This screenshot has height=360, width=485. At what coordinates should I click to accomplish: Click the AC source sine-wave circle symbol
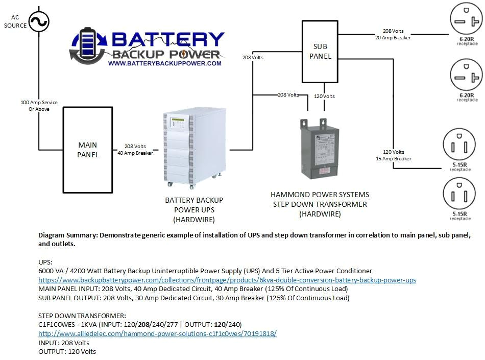tap(38, 21)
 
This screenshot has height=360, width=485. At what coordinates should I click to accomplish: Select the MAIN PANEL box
tap(88, 150)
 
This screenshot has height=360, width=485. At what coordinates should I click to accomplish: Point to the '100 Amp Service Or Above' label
tap(39, 106)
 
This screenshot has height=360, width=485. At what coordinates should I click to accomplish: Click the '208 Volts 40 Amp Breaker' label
tap(135, 150)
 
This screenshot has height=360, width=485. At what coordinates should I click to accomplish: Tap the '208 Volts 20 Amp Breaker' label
tap(393, 34)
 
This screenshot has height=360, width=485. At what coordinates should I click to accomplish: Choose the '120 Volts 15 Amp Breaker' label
tap(393, 155)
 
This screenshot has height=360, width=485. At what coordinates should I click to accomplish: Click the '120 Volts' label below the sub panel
tap(324, 96)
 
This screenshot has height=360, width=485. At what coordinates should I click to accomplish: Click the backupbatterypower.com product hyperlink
tap(227, 280)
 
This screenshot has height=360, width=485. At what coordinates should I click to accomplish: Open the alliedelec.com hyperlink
tap(157, 333)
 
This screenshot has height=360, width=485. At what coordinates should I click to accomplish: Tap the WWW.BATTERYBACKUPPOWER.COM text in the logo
tap(164, 63)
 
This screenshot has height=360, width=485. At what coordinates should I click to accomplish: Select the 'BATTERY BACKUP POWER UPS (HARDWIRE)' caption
tap(193, 210)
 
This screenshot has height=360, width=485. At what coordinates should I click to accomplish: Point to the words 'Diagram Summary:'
tap(68, 235)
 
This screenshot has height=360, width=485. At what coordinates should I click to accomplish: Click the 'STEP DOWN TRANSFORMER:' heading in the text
tap(82, 316)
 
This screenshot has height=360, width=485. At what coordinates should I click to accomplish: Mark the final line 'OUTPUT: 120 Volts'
tap(67, 351)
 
